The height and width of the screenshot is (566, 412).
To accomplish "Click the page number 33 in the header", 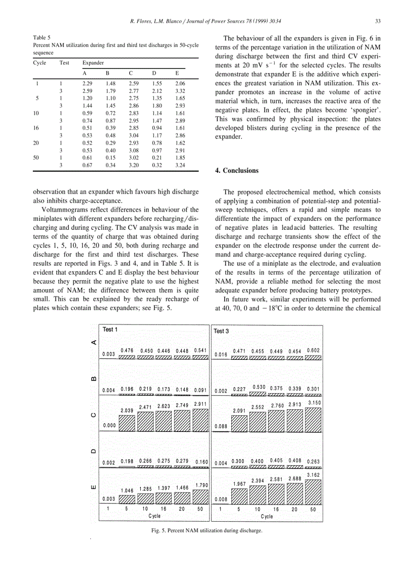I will click(377, 21).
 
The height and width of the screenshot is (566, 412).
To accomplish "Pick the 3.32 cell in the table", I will click(180, 91).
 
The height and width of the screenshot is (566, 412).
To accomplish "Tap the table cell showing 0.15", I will click(111, 157).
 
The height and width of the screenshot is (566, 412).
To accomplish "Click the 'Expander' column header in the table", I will click(93, 63).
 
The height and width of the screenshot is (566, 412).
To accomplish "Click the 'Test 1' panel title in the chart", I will click(111, 330).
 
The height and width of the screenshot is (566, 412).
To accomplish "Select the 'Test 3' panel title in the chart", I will click(222, 331).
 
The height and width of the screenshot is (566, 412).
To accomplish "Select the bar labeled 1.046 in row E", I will click(127, 499).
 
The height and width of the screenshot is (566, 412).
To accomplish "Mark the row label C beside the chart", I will click(92, 415).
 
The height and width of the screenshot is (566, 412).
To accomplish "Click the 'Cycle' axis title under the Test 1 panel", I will click(154, 516).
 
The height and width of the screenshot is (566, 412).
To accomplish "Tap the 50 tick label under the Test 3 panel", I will click(313, 510).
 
